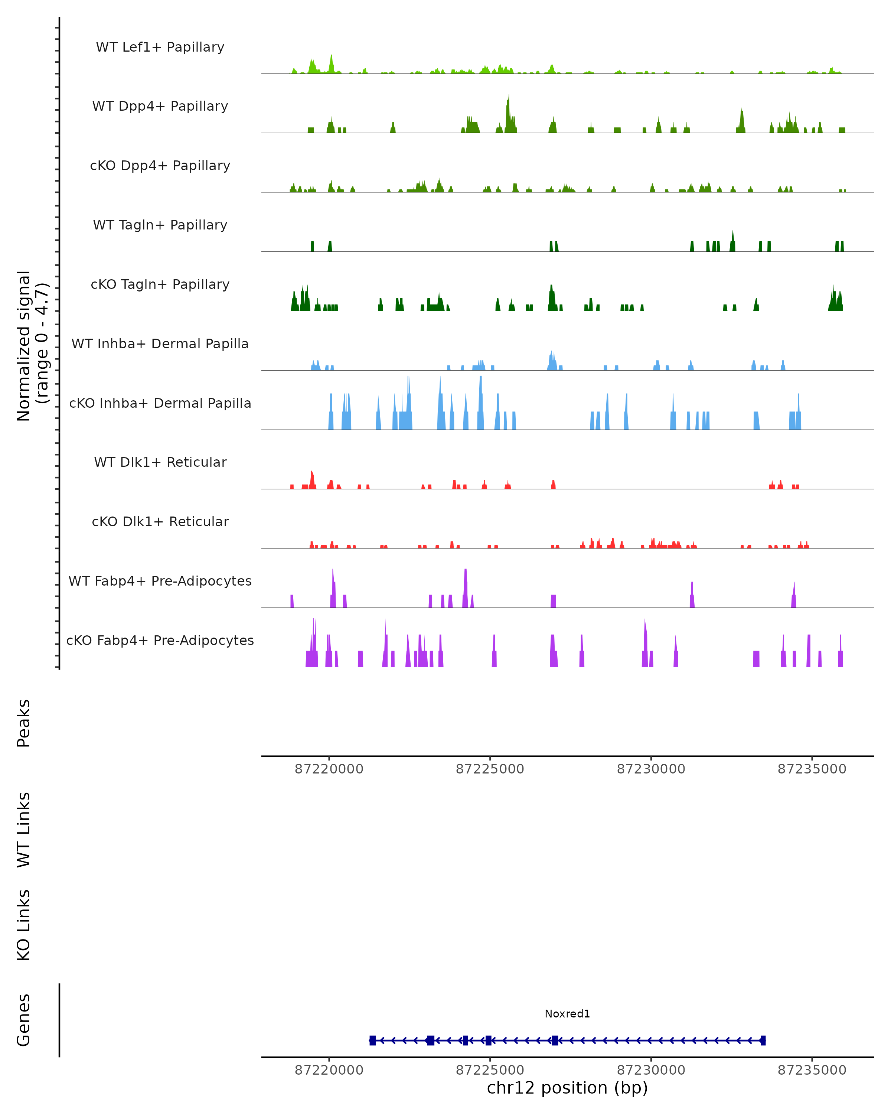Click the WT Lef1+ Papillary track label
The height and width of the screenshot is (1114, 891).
pos(160,47)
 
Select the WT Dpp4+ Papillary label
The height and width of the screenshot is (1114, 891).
pos(160,107)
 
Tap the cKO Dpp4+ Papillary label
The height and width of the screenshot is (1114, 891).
pos(160,166)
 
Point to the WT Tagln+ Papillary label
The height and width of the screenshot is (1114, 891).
pos(160,225)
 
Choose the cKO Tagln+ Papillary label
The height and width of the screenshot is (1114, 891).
pos(160,285)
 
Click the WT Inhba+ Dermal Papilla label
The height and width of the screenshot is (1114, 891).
pos(160,344)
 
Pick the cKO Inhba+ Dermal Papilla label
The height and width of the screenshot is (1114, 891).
pos(160,404)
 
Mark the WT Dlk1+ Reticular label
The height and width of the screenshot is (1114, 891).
pos(160,462)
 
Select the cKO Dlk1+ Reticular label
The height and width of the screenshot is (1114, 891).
pos(160,522)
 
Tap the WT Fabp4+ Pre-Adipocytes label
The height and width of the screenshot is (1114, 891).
pos(160,581)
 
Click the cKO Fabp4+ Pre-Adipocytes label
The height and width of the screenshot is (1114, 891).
pos(160,641)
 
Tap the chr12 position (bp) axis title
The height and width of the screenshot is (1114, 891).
pos(567,1088)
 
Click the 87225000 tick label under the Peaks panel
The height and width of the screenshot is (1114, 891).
pos(490,769)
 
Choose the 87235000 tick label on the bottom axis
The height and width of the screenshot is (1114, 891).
pos(812,1071)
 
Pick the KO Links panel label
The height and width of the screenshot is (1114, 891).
pos(24,925)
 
